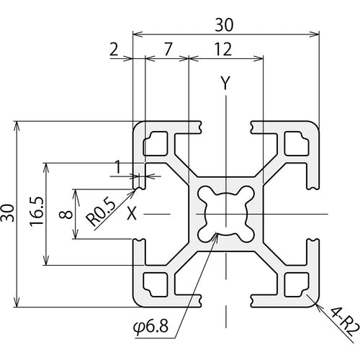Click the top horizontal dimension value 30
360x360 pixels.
click(x=225, y=24)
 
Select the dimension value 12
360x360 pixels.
click(x=223, y=50)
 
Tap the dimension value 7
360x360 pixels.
click(x=167, y=50)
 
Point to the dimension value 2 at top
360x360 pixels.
click(x=114, y=50)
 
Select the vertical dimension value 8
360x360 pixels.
click(x=64, y=214)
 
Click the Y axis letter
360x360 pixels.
click(x=225, y=84)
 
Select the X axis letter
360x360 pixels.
click(x=132, y=213)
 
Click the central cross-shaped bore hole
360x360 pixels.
click(x=225, y=213)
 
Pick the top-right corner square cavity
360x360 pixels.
click(x=295, y=144)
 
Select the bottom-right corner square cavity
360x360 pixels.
click(x=295, y=283)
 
